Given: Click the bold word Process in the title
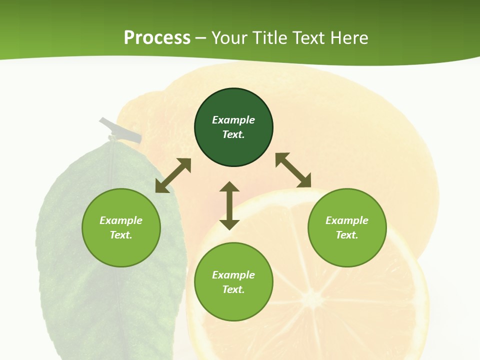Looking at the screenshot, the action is click(x=157, y=38).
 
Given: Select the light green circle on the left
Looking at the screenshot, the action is click(x=121, y=250).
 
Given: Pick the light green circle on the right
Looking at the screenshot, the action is click(x=347, y=250).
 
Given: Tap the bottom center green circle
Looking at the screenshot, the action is click(x=233, y=305).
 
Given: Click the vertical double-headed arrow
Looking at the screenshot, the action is click(x=229, y=205).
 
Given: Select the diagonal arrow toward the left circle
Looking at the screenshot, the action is click(x=173, y=175).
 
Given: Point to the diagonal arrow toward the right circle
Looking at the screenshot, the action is click(x=293, y=170).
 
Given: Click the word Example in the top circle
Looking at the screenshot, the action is click(x=233, y=120).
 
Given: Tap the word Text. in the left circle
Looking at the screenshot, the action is click(x=121, y=235).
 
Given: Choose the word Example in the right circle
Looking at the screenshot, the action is click(x=347, y=220).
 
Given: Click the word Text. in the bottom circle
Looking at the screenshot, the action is click(x=233, y=289).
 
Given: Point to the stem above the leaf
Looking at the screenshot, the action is click(x=120, y=130).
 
